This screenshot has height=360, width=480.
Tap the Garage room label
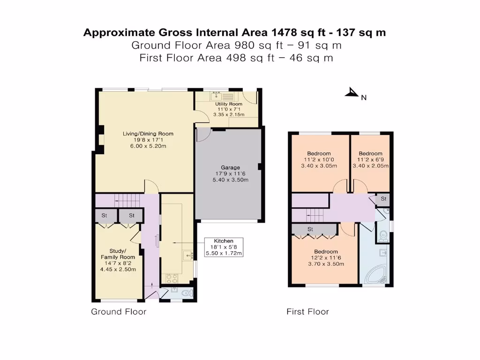click(x=230, y=167)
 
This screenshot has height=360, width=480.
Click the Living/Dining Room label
click(x=148, y=134)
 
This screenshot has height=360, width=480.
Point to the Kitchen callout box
click(x=224, y=247)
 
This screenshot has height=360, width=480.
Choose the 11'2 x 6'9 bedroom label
click(x=370, y=153)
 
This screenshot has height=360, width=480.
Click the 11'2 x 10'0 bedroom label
click(x=319, y=153)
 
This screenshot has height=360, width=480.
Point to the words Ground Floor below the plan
click(x=119, y=312)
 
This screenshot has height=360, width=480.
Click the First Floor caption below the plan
click(x=307, y=312)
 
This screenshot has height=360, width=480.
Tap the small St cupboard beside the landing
click(x=383, y=199)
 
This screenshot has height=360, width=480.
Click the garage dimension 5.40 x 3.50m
click(x=230, y=180)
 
